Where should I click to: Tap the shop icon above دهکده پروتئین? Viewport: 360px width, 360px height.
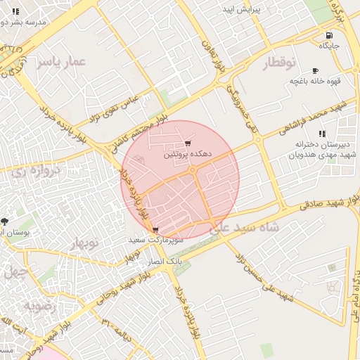click(186, 143)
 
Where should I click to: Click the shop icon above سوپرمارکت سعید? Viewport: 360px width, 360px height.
click(155, 230)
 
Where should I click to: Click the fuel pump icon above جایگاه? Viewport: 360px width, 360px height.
click(328, 36)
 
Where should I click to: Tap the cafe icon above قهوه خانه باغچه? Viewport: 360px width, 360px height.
click(314, 70)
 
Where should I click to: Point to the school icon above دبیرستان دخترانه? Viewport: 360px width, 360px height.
click(322, 134)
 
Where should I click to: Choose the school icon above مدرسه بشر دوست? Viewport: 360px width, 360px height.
click(15, 11)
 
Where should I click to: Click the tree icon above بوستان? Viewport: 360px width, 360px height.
click(6, 221)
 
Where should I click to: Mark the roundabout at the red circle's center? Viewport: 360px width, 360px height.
click(192, 171)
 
